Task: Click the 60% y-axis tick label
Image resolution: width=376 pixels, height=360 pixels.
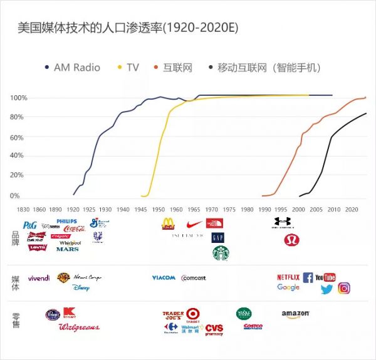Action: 17,137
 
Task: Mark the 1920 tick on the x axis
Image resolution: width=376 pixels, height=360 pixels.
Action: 73,210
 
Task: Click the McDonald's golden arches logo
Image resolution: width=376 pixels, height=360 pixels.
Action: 169,224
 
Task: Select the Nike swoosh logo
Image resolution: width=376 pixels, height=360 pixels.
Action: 194,224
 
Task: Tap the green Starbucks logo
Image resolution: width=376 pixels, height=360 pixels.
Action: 220,252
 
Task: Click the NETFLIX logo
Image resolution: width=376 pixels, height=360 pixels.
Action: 288,277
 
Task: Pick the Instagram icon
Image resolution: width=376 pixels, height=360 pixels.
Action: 344,289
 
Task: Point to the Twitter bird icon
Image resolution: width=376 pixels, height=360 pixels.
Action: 326,289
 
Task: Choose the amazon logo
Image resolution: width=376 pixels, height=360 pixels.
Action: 296,314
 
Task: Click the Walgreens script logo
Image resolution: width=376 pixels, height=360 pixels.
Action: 78,327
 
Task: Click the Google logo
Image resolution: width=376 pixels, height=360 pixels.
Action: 288,287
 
